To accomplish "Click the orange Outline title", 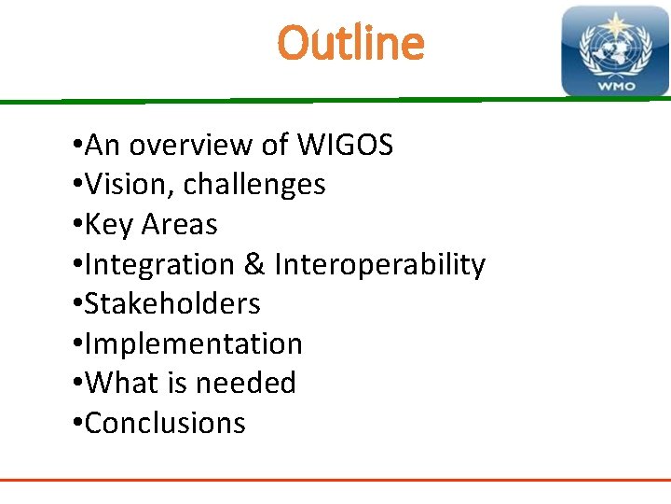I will [350, 43].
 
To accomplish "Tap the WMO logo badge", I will [614, 51].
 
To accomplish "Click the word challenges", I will [254, 185].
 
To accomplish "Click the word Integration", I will [160, 265].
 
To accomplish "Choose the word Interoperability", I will [379, 265].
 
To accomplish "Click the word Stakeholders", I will [172, 304].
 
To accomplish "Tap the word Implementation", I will [193, 344].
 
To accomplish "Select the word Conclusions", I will [165, 424].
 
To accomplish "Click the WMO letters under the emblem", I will [614, 86].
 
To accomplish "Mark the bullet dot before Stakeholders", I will [75, 305].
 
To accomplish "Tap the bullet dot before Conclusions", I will [75, 425].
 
